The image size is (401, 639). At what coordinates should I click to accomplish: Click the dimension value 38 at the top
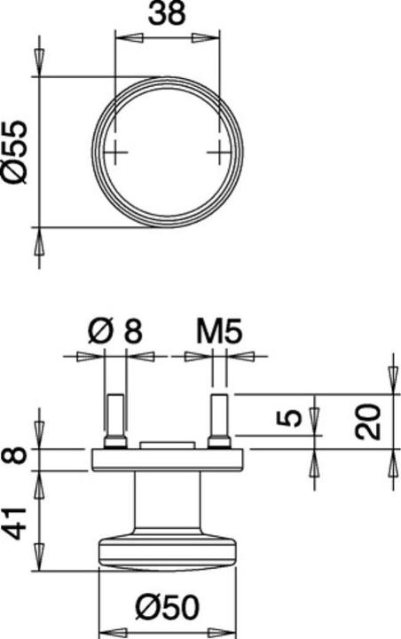pos(167,16)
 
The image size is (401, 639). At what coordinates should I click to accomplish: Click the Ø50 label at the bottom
pos(167,609)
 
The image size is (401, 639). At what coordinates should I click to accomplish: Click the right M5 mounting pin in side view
pos(219,417)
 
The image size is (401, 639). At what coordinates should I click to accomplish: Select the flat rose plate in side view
pos(167,459)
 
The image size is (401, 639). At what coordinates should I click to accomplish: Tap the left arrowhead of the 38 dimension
pos(124,37)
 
